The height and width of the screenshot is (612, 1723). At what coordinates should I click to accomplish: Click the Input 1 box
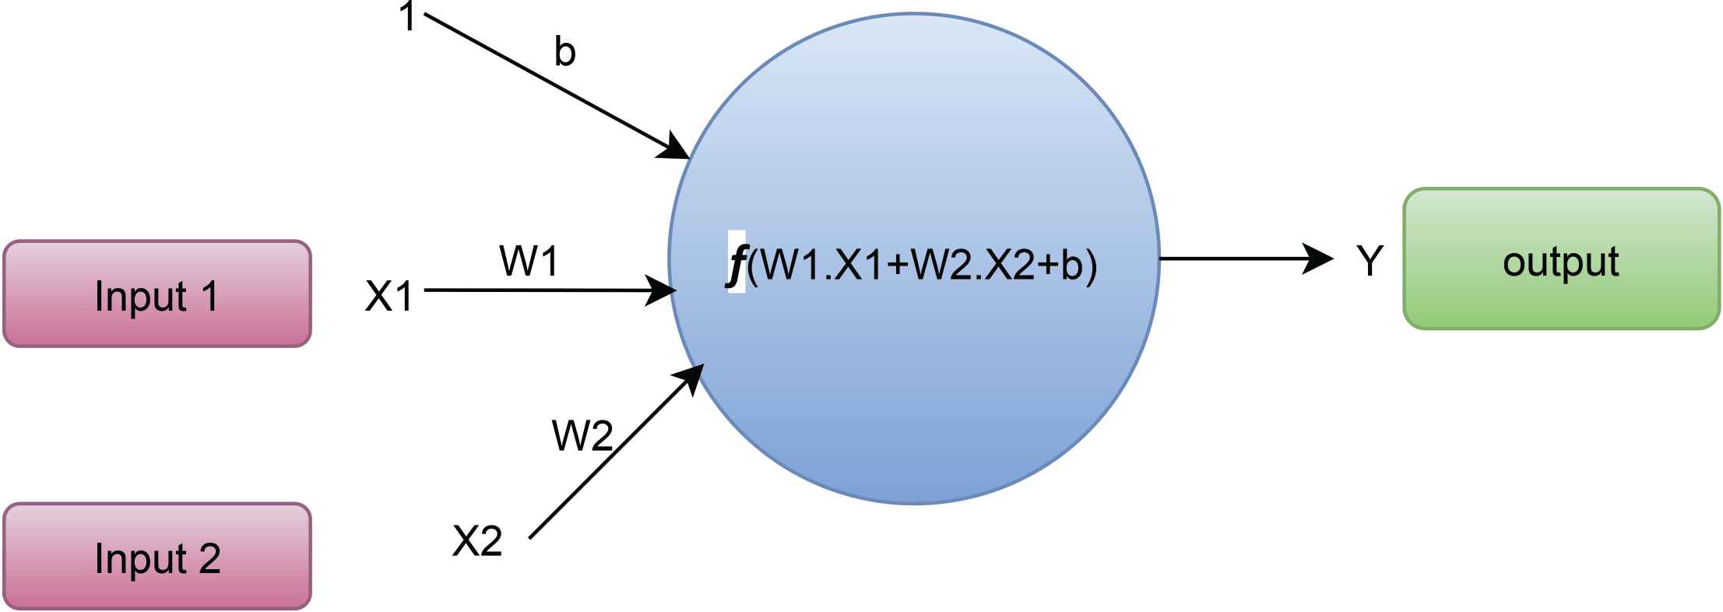coord(157,294)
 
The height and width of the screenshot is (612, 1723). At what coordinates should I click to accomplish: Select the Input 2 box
coord(157,556)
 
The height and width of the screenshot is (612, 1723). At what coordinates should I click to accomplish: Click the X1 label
coord(389,296)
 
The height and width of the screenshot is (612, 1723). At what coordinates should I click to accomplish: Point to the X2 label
coord(476,540)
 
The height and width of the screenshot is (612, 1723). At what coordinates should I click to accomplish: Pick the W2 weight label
coord(582,435)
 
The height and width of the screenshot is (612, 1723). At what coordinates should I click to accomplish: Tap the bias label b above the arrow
coord(564,53)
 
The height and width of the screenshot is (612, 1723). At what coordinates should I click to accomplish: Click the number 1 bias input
coord(407,17)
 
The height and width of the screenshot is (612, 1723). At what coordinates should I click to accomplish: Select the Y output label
coord(1370,262)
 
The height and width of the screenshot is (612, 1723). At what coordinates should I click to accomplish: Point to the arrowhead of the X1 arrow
coord(664,291)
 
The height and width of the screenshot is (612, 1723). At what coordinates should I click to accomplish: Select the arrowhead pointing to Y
coord(1320,259)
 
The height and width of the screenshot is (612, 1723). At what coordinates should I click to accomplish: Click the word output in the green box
coord(1560,262)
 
